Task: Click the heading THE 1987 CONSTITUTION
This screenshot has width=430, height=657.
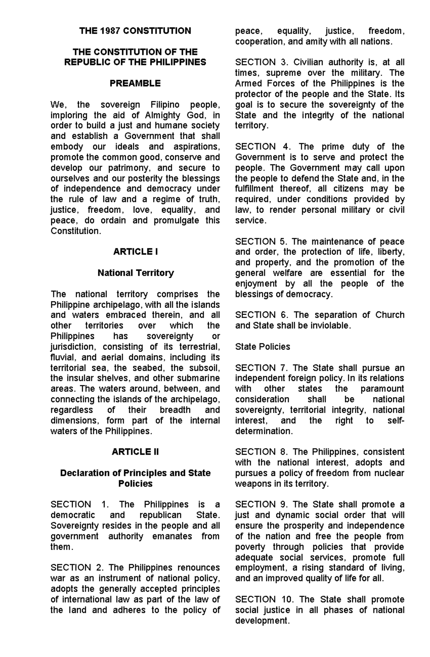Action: tap(135, 31)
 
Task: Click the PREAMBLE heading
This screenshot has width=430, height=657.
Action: tap(135, 83)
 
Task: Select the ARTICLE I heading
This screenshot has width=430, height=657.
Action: tap(135, 252)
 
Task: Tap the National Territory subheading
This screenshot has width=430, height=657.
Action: tap(135, 273)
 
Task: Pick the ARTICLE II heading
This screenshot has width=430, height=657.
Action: tap(135, 452)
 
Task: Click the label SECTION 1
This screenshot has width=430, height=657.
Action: tap(80, 504)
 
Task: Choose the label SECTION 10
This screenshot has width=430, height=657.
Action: tap(264, 599)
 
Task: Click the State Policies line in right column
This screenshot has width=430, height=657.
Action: tap(262, 347)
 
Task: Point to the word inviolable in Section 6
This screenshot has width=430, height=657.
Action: tap(330, 325)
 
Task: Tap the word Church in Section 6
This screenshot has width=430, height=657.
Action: tap(390, 315)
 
